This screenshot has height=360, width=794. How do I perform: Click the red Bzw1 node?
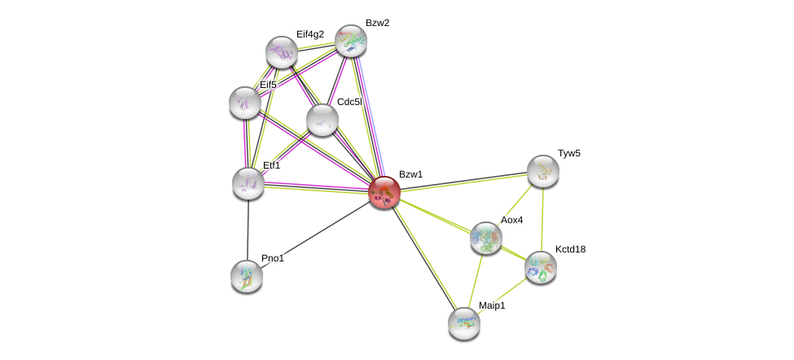point(384,192)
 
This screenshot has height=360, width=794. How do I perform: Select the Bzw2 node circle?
point(351,40)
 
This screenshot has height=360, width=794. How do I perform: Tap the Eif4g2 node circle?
point(282,52)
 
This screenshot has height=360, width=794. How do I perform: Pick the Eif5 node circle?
point(245,103)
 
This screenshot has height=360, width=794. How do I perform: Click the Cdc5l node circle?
point(322,120)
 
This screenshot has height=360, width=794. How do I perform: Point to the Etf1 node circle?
point(248,183)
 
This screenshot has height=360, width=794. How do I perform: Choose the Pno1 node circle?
point(247,275)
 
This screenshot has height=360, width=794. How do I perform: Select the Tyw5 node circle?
point(543,171)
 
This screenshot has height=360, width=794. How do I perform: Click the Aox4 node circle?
point(486,238)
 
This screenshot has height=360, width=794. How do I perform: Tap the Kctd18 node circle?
point(541,266)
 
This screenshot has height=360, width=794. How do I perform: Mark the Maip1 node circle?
point(464,323)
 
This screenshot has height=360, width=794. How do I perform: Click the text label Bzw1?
point(410,174)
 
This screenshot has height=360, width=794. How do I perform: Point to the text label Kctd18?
point(570,249)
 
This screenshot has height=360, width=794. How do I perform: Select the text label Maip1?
point(492,305)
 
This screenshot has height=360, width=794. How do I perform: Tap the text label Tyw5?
point(569,153)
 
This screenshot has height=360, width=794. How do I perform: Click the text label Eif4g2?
point(310,34)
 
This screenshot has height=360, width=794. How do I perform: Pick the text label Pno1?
point(273,258)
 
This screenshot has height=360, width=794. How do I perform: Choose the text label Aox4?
point(511,220)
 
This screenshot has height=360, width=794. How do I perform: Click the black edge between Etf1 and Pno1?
point(248,230)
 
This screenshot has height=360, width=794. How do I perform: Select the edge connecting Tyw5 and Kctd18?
point(542,218)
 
